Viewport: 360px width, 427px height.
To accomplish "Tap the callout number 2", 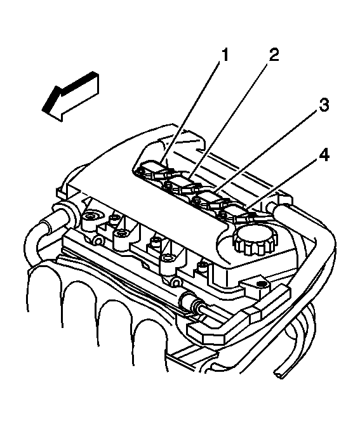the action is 274,54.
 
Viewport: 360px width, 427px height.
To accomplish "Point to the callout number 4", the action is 324,155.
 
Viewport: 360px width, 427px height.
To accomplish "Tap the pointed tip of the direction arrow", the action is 43,110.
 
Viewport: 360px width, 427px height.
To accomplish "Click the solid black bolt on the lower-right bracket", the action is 262,284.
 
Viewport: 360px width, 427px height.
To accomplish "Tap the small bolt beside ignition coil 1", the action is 140,171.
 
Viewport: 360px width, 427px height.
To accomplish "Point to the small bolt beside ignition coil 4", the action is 223,216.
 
